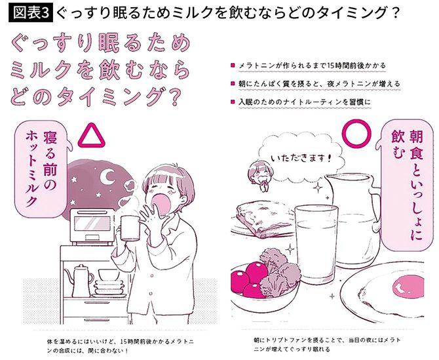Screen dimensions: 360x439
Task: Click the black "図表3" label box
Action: coord(28,12)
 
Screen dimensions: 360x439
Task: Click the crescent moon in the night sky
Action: coord(106,175)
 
